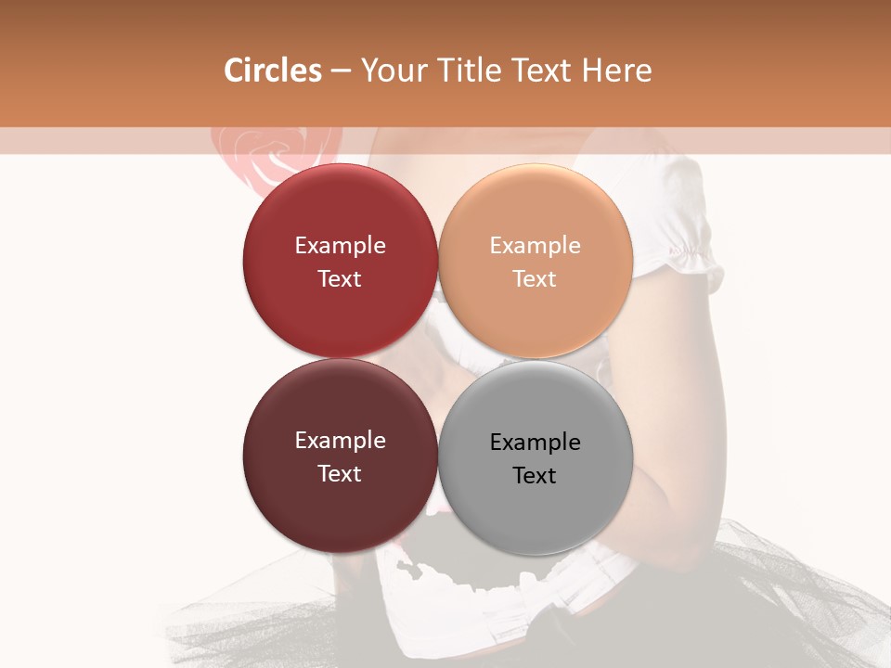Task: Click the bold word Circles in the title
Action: tap(272, 71)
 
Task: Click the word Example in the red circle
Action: tap(340, 246)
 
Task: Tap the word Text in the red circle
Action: tap(340, 279)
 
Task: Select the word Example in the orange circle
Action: tap(536, 246)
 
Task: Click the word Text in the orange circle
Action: tap(536, 279)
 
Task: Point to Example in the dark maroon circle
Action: tap(340, 441)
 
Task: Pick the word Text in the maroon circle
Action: tap(340, 474)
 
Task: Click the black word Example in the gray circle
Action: tap(536, 443)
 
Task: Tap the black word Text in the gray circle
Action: tap(536, 476)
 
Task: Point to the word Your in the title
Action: tap(389, 71)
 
